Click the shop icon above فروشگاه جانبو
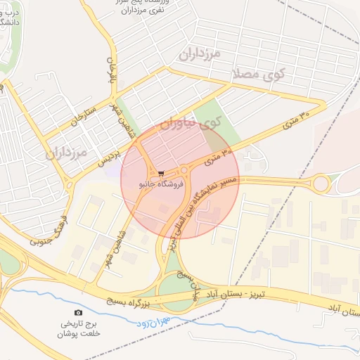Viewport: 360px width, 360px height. coord(162,173)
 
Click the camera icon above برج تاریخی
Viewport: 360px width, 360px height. coord(78,312)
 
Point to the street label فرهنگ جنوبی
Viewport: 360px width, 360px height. coord(49,232)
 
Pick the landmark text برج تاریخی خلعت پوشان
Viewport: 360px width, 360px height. coord(78,329)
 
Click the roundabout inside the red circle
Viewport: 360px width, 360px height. coord(184,169)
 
